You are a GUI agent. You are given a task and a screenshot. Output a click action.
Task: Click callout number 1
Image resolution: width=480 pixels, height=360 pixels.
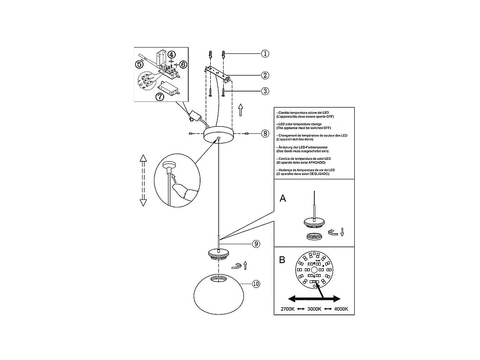(265, 54)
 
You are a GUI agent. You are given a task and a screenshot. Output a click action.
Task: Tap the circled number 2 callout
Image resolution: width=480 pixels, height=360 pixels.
(265, 75)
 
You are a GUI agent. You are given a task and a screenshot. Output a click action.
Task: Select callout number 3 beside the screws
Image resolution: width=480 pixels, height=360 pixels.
(265, 91)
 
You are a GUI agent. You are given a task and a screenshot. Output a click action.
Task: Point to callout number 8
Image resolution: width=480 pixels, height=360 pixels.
(265, 134)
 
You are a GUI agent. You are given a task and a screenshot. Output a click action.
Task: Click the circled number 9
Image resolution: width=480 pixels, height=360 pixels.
(256, 244)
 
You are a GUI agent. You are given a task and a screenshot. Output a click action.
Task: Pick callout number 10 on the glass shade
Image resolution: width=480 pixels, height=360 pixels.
(256, 284)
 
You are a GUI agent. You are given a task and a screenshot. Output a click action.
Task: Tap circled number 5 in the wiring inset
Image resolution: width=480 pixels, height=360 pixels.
(139, 63)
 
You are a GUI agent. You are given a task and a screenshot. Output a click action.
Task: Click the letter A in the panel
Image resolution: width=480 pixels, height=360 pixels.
(283, 198)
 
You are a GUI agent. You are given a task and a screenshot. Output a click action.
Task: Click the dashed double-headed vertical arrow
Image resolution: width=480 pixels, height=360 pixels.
(142, 180)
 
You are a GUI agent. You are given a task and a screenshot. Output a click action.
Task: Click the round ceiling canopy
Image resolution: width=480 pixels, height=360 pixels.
(218, 135)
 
